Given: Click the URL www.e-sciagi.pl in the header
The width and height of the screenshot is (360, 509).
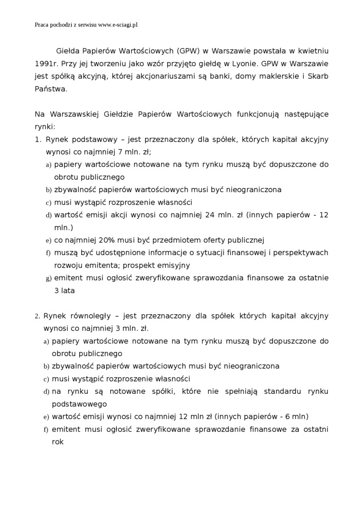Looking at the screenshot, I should point(117,25).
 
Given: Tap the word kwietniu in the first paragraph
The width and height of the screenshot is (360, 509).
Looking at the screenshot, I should point(313,51).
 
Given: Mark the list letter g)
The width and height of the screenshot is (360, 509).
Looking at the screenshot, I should point(48,278).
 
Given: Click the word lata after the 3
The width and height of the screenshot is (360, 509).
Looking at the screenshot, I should point(67,290).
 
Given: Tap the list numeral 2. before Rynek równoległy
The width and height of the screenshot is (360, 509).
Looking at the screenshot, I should point(37,316).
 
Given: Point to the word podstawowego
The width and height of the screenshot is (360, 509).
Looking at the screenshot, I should point(79,404).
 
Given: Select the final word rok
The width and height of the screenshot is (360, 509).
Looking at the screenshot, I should point(57,442).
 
